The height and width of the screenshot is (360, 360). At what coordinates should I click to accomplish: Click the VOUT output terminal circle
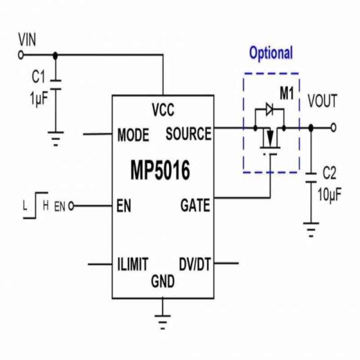[x=333, y=128]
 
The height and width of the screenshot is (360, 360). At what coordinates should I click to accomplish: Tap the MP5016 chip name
[x=160, y=171]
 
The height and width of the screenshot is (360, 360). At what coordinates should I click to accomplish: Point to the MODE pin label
[x=133, y=135]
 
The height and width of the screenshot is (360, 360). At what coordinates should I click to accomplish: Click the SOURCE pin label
[x=188, y=134]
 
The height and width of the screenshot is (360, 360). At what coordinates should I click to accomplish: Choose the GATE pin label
[x=195, y=206]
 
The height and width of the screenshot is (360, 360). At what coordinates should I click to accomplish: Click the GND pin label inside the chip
[x=162, y=282]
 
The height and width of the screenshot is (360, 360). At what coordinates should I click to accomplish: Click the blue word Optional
[x=271, y=53]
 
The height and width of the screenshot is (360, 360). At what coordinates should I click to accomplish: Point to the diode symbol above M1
[x=270, y=108]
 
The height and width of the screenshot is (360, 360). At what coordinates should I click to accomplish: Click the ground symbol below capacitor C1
[x=56, y=138]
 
